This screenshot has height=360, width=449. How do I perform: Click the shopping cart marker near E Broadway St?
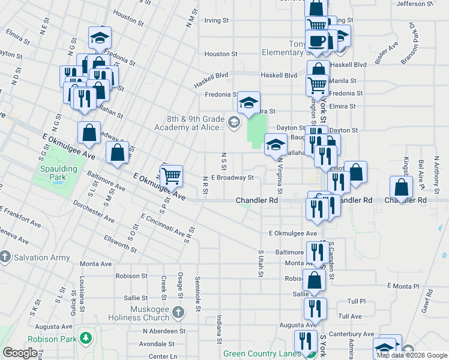(x=172, y=175)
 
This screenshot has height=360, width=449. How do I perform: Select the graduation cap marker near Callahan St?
(x=276, y=144)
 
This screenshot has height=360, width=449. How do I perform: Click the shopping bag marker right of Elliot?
(x=356, y=172)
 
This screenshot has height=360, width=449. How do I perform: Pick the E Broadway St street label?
(x=233, y=178)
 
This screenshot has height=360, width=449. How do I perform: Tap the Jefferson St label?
(x=415, y=4)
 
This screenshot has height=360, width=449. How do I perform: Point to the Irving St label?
(x=217, y=20)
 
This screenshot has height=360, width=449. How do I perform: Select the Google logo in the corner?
(x=20, y=353)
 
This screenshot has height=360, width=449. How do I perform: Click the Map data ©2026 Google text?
(x=412, y=355)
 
